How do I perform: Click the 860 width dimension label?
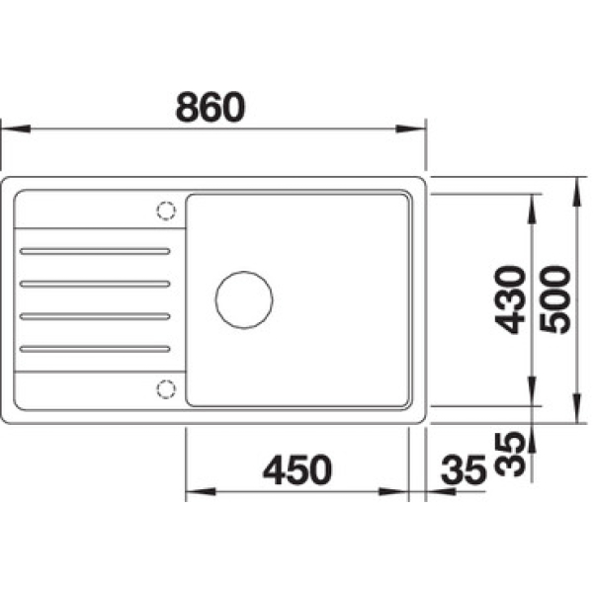click(x=211, y=107)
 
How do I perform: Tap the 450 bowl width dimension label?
click(x=297, y=469)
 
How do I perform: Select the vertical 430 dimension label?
click(x=510, y=299)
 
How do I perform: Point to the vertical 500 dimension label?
click(x=554, y=299)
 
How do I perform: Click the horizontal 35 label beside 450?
click(x=464, y=470)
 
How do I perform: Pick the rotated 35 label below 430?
click(x=510, y=454)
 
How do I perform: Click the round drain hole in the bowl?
click(x=244, y=299)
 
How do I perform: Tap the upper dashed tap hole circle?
click(x=166, y=211)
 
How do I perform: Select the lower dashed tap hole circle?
click(x=166, y=389)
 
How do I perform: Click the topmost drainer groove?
click(x=95, y=251)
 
